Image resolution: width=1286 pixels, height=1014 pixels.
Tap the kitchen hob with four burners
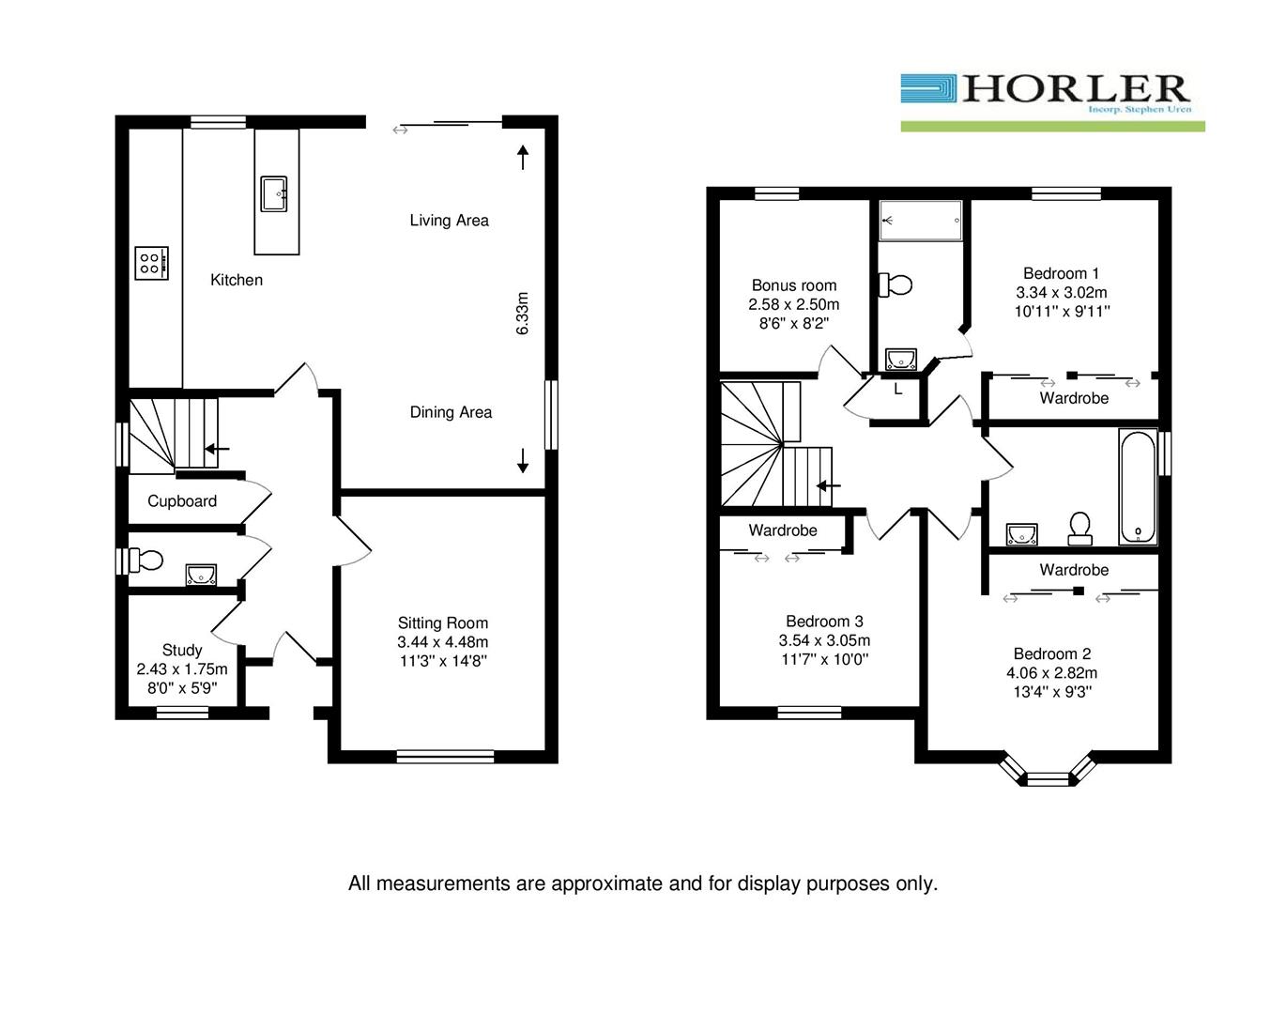[151, 263]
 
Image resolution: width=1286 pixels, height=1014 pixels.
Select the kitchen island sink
[275, 194]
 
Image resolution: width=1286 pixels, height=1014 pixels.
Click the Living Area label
[449, 221]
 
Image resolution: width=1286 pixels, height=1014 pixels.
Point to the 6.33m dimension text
[523, 314]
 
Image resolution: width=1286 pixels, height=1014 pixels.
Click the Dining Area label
[451, 412]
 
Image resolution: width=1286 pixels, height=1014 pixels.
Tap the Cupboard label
[182, 501]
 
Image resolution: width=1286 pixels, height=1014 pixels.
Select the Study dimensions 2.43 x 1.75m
[182, 669]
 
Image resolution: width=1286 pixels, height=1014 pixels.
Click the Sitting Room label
[443, 623]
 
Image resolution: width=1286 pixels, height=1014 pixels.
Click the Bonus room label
[794, 285]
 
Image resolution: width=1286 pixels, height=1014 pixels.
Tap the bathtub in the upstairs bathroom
[1138, 486]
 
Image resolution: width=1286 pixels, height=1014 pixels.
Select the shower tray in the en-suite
[921, 221]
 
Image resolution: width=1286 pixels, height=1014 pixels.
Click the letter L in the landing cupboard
[898, 389]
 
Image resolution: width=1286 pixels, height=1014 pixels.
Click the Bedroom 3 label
[824, 622]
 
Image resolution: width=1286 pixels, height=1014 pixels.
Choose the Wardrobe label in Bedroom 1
[1074, 398]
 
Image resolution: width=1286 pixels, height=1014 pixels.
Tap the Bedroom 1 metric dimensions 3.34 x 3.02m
[1062, 293]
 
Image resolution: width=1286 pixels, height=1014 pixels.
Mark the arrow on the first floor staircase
[828, 486]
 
